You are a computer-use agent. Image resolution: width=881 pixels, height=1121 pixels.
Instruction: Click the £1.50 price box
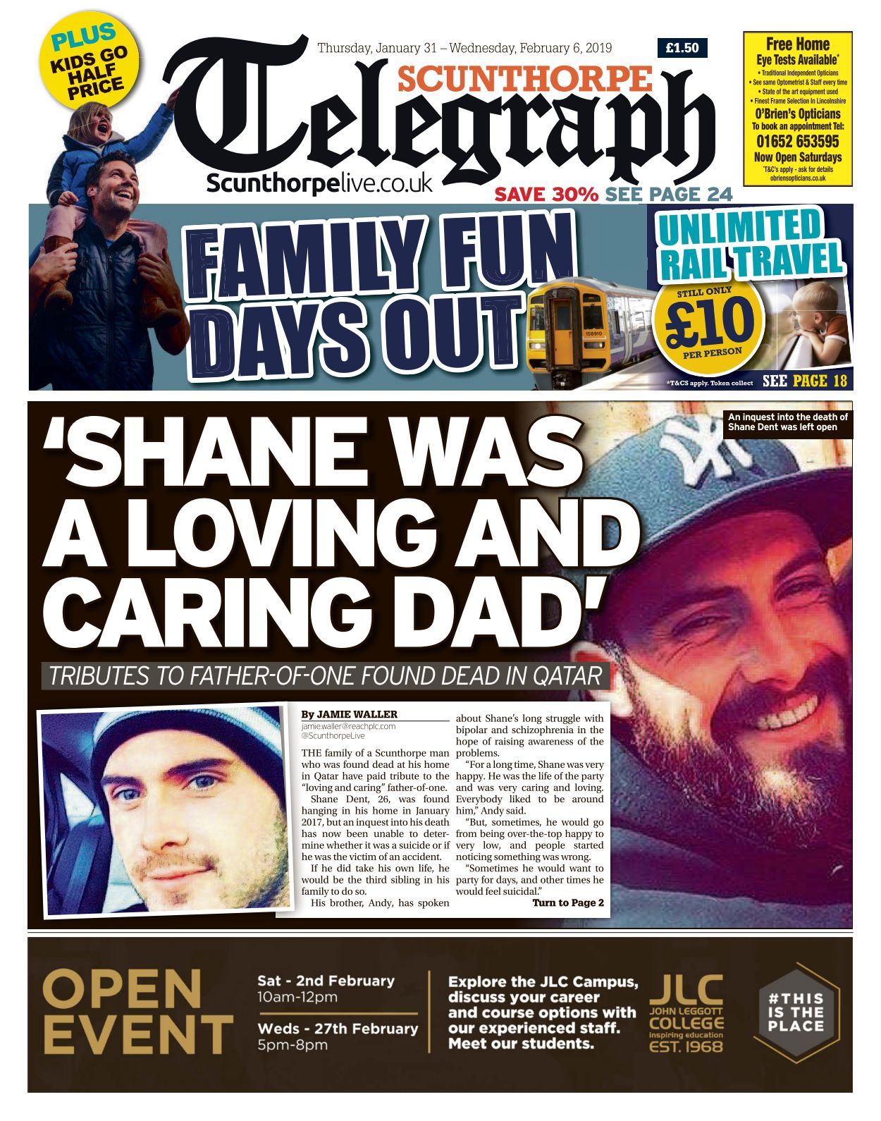682,48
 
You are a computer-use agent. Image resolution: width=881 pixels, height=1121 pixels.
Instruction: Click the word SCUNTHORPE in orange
525,78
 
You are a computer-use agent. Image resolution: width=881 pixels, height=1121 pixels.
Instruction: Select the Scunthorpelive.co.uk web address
319,183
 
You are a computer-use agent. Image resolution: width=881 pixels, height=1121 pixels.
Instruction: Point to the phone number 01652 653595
797,141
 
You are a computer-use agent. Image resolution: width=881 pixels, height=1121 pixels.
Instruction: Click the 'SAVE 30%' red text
546,194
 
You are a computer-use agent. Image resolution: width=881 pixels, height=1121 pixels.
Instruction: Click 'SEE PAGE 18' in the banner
804,381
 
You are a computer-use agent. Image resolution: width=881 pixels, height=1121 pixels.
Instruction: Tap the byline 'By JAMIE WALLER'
349,714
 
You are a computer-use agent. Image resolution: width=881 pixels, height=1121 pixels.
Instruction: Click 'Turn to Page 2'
567,902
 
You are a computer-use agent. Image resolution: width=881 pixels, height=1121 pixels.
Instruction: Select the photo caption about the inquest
787,422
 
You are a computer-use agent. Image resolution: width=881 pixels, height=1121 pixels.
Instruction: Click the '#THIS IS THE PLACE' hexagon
796,1012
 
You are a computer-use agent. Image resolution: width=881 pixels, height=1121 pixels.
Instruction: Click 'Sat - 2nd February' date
326,981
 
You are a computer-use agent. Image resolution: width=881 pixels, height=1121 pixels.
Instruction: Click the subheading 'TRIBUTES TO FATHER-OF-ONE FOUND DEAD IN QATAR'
326,675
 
